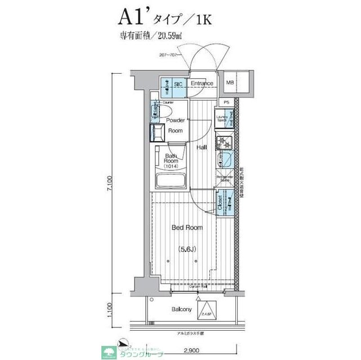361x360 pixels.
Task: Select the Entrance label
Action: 201,84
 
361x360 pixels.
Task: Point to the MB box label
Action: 230,84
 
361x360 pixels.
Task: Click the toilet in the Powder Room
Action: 164,112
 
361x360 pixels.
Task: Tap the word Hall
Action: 202,147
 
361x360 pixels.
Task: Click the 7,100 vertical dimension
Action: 112,184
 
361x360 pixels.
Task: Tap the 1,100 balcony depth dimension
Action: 112,309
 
